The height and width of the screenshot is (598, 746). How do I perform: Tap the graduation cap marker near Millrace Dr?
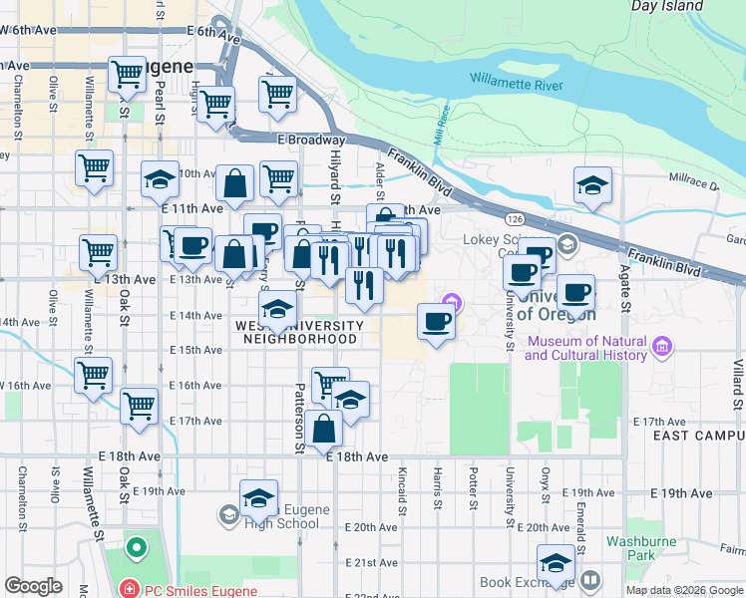[x=592, y=185]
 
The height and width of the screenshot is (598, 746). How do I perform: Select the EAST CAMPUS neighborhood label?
[x=697, y=437]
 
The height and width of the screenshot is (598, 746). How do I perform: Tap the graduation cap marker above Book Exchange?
[x=557, y=562]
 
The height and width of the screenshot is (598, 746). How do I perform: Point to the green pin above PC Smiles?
[x=135, y=547]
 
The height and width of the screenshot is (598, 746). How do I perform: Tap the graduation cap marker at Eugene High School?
[x=258, y=498]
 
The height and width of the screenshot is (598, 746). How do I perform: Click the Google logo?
[x=33, y=586]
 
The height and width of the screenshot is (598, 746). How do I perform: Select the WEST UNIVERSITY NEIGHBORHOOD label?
[x=299, y=332]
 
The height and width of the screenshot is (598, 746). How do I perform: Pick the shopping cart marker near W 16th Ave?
[x=93, y=376]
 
